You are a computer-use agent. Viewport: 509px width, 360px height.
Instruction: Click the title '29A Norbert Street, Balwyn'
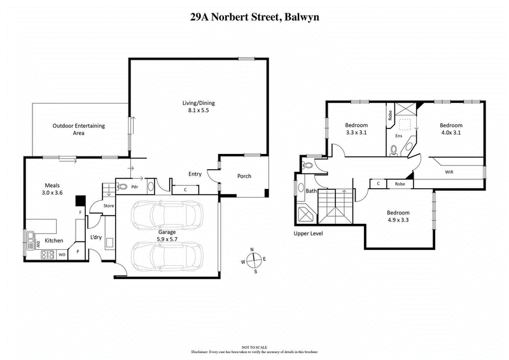tap(254, 18)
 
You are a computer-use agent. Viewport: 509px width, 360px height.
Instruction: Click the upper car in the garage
tap(165, 216)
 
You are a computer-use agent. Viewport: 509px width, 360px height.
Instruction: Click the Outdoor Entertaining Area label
tap(78, 130)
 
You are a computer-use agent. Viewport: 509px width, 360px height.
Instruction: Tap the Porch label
tap(244, 176)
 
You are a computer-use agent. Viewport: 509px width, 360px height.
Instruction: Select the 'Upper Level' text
tap(309, 233)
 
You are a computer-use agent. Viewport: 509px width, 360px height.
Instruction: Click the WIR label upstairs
tap(449, 172)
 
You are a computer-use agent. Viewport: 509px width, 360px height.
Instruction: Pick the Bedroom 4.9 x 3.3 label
tap(398, 216)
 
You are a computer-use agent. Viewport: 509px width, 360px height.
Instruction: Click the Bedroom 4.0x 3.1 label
tap(451, 129)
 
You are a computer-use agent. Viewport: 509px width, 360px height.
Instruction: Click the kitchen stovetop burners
tap(48, 254)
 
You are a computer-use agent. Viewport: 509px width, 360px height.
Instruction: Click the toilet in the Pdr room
tap(122, 187)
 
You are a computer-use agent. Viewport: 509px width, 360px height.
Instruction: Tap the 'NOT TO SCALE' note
tap(254, 347)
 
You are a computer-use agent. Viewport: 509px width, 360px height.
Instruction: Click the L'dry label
tap(96, 237)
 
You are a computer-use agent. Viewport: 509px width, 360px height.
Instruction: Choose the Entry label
tap(195, 174)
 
